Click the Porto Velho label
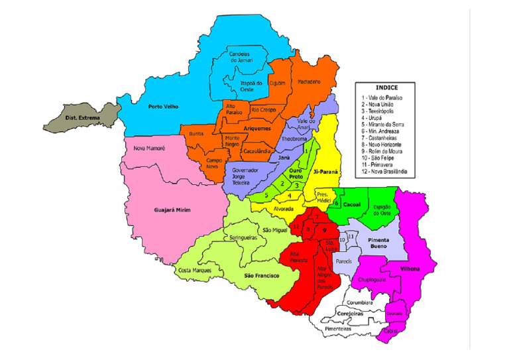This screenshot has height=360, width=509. click(x=163, y=106)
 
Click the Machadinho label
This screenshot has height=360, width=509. click(x=309, y=82)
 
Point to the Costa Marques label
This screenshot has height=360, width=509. click(x=194, y=270)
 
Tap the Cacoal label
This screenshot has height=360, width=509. click(x=352, y=204)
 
